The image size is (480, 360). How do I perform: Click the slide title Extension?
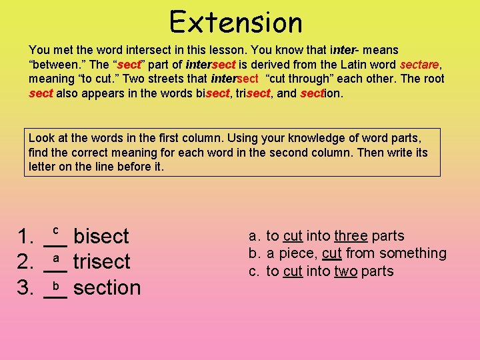tap(236, 22)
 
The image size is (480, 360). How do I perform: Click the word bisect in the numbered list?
tap(101, 236)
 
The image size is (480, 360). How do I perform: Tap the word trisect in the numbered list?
tap(102, 261)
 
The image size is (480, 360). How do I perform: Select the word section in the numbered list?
tap(107, 287)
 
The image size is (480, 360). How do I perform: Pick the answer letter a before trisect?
tap(57, 257)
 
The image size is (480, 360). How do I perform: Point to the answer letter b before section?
tap(57, 285)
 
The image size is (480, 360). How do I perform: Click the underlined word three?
tap(351, 235)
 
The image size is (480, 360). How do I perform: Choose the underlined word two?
tap(345, 271)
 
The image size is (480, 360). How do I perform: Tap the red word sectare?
tap(419, 65)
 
